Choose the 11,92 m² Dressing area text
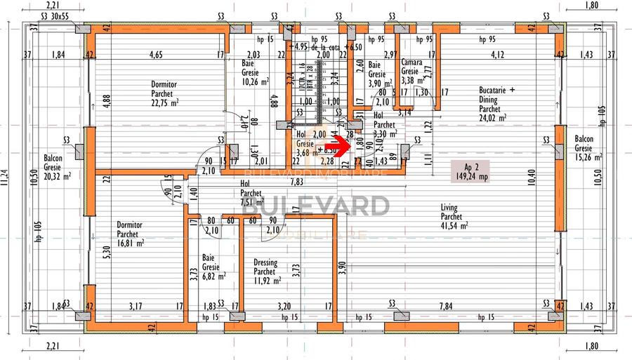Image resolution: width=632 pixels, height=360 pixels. pos(267,281)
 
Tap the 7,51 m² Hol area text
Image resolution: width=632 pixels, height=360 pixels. pos(251,201)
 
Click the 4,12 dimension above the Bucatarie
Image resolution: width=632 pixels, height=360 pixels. pos(497,54)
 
